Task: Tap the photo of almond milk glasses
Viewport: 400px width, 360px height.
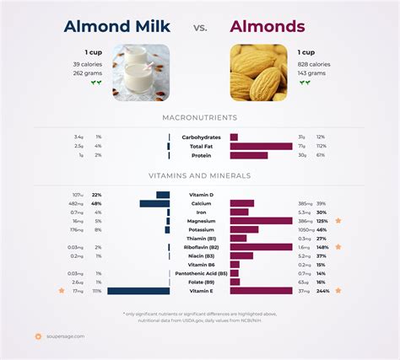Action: pyautogui.click(x=142, y=73)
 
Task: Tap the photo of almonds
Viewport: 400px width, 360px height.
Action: pyautogui.click(x=258, y=73)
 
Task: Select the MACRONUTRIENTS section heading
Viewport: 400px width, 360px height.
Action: pyautogui.click(x=200, y=117)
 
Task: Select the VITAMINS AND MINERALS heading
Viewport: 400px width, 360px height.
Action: pyautogui.click(x=200, y=175)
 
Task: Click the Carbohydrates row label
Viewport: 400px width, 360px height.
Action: pyautogui.click(x=200, y=137)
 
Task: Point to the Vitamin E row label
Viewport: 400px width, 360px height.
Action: pyautogui.click(x=200, y=291)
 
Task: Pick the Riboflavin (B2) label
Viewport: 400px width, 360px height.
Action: pyautogui.click(x=200, y=247)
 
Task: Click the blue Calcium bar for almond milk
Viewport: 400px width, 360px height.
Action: pyautogui.click(x=154, y=203)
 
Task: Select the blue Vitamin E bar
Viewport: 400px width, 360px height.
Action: pyautogui.click(x=139, y=291)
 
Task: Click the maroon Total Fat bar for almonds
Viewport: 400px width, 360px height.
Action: pyautogui.click(x=260, y=146)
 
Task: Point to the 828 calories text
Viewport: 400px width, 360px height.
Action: pyautogui.click(x=314, y=64)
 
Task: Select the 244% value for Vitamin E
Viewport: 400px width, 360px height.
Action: pyautogui.click(x=322, y=291)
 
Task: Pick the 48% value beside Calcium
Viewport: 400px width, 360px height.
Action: pyautogui.click(x=97, y=203)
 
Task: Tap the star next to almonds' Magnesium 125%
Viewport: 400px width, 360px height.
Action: pyautogui.click(x=338, y=221)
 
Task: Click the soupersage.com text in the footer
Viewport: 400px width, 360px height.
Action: pyautogui.click(x=66, y=336)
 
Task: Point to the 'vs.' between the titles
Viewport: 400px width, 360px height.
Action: pyautogui.click(x=200, y=28)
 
